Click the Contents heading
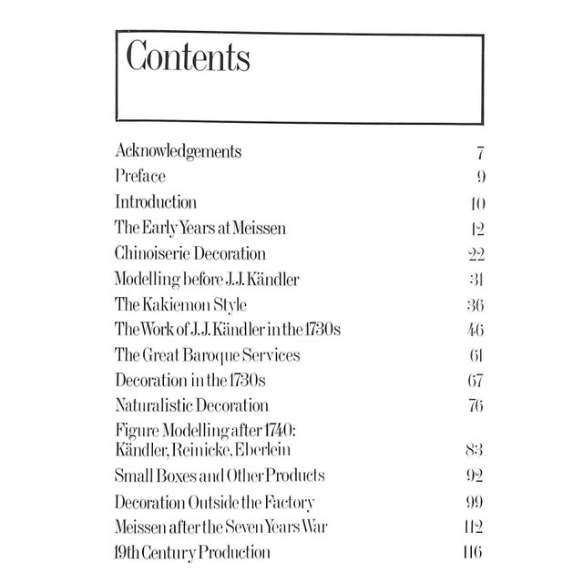pyautogui.click(x=188, y=57)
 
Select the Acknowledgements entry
pyautogui.click(x=179, y=151)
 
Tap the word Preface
pyautogui.click(x=140, y=177)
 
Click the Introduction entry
pyautogui.click(x=156, y=201)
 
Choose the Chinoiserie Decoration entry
pyautogui.click(x=190, y=252)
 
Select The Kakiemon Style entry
pyautogui.click(x=181, y=303)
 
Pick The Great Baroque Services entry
pyautogui.click(x=208, y=353)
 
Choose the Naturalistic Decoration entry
pyautogui.click(x=191, y=404)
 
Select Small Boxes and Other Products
pyautogui.click(x=220, y=476)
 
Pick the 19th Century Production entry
pyautogui.click(x=192, y=551)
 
